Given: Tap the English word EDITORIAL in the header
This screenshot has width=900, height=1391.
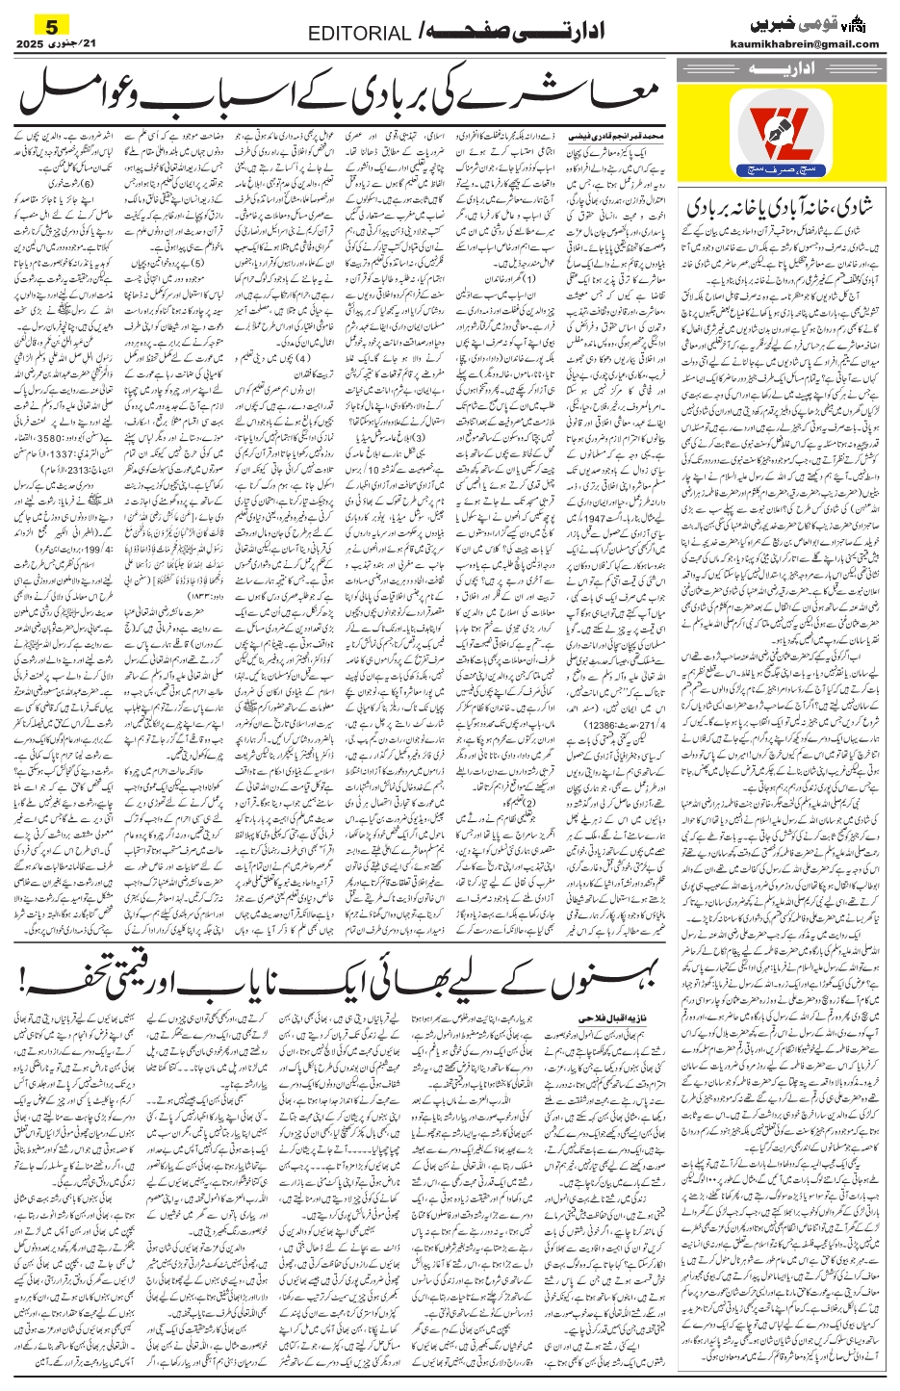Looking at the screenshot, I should pos(358,35).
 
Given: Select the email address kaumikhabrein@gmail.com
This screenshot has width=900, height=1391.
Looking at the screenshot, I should pos(814,43).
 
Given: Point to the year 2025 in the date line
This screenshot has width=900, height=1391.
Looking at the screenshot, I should pos(30,44).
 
